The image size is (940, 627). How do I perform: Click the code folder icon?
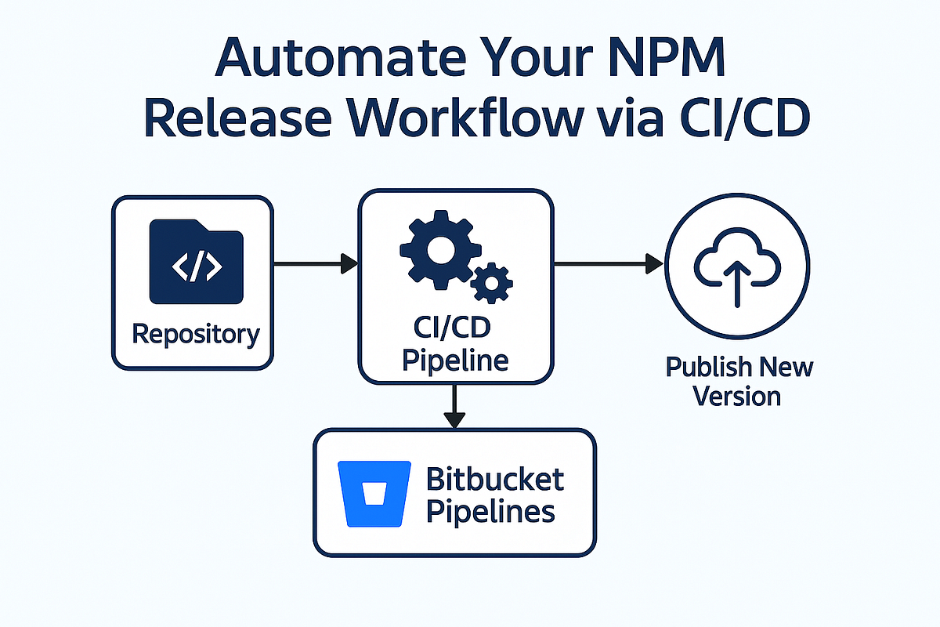point(196,262)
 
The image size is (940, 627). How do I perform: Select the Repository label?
point(195,334)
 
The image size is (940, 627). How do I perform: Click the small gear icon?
point(492,283)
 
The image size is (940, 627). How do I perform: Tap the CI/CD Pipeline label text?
point(455,345)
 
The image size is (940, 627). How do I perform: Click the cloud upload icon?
point(736,265)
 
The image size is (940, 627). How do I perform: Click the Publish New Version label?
point(739,381)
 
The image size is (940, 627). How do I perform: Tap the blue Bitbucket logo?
point(374,493)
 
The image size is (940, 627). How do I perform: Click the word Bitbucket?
point(495,477)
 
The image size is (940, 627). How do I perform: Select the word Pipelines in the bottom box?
point(491,512)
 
